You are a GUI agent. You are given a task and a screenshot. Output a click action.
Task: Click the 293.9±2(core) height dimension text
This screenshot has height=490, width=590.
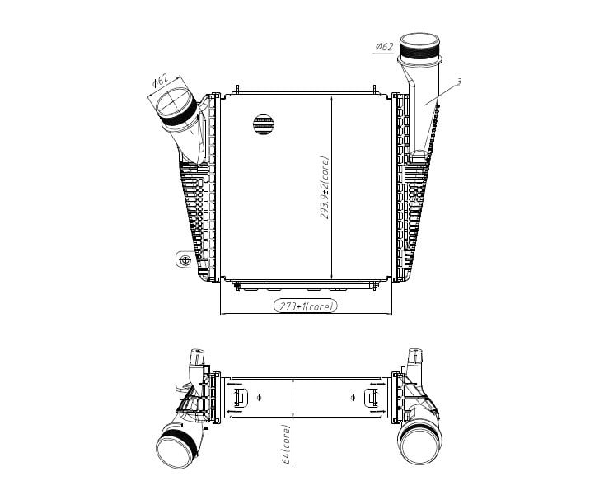(x=325, y=187)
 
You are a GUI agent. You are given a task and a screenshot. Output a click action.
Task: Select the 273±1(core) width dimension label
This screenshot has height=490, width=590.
(x=306, y=306)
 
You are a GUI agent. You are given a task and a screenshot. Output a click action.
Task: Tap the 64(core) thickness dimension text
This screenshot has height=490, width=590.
(x=286, y=444)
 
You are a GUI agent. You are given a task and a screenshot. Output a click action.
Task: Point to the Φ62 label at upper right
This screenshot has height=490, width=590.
(x=385, y=47)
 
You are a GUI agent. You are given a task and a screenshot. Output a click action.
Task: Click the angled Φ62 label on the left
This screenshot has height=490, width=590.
(x=161, y=81)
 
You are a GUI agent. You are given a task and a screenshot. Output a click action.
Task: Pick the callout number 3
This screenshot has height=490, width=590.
(x=459, y=82)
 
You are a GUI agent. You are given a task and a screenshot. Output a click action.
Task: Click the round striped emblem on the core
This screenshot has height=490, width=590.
(x=264, y=124)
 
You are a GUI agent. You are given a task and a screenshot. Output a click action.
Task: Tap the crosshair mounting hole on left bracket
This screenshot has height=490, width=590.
(x=185, y=260)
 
